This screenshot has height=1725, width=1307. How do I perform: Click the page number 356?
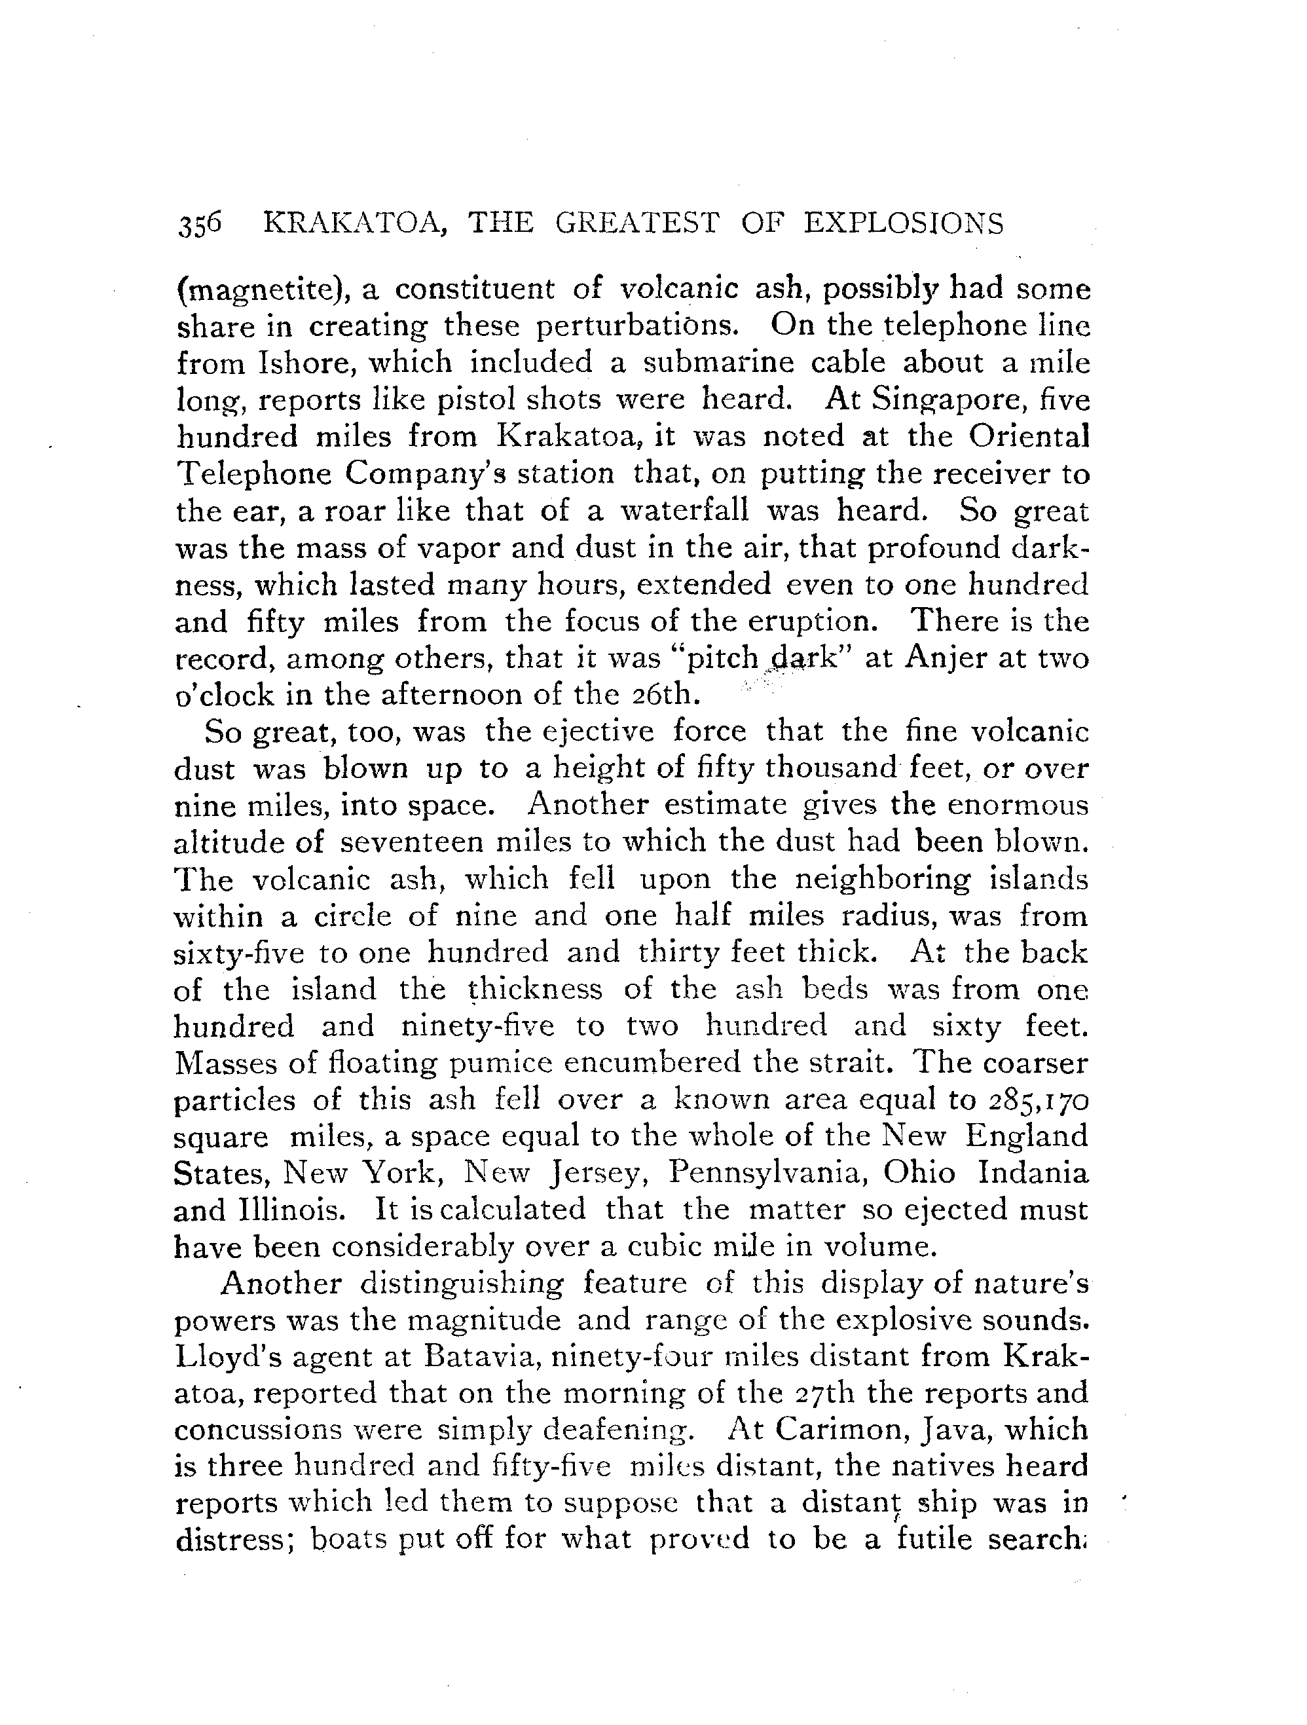(200, 224)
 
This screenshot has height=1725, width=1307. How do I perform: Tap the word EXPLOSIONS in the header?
(904, 224)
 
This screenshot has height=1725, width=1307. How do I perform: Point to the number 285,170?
(1037, 1100)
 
